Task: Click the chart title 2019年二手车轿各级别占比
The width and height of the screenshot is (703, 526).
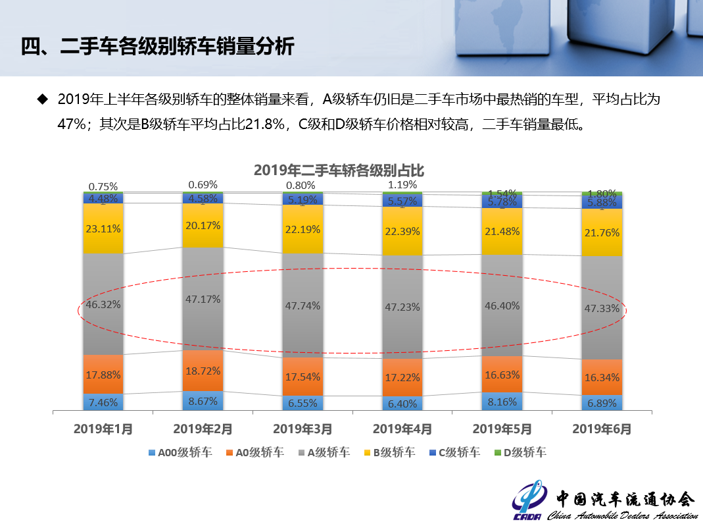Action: coord(339,171)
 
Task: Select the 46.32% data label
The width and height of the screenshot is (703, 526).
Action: coord(103,305)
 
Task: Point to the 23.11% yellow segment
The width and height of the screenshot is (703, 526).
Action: coord(103,228)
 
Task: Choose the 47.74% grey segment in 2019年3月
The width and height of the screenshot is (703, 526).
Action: coord(303,305)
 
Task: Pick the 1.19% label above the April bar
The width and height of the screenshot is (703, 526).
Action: coord(402,184)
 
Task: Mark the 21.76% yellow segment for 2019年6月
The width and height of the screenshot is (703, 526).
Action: coord(602,232)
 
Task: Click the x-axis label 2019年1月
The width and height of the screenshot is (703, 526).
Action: coord(103,429)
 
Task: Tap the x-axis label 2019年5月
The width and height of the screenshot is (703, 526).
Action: coord(502,429)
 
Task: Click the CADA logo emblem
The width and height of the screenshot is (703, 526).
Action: coord(528,502)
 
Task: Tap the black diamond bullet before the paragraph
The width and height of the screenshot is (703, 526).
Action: coord(43,99)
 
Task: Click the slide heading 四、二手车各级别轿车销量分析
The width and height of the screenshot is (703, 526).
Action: coord(157,47)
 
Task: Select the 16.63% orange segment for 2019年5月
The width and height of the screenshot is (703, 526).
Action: coord(502,375)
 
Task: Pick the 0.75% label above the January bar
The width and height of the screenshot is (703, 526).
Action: coord(103,186)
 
